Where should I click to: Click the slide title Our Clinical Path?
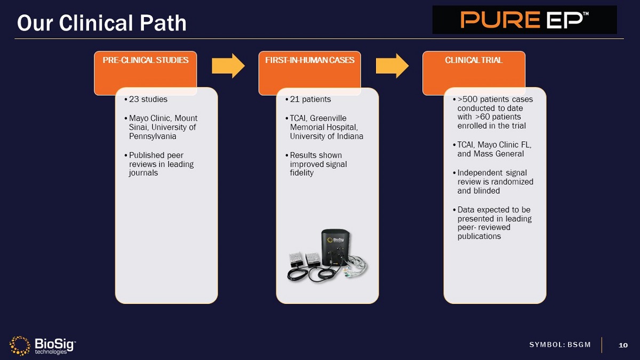click(102, 22)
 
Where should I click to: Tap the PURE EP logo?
click(524, 20)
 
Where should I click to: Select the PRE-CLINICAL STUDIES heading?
click(145, 60)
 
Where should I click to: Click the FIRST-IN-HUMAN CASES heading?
click(309, 60)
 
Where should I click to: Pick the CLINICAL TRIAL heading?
click(474, 60)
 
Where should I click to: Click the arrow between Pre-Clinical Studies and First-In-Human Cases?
click(228, 66)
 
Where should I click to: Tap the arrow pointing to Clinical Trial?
click(392, 66)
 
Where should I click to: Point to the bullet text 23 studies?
click(148, 99)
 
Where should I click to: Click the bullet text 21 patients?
click(310, 99)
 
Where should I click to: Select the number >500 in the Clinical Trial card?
click(468, 99)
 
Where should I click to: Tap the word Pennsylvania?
click(153, 136)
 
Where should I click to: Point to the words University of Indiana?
click(326, 136)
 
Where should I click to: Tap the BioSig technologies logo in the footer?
click(43, 345)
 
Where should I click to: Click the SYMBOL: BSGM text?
click(560, 345)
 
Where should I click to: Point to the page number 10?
click(623, 345)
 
